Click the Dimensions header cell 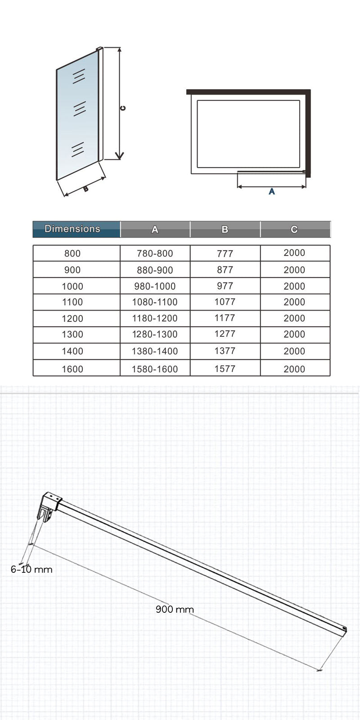click(72, 229)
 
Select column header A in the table click(155, 229)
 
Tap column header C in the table click(294, 229)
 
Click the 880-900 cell click(155, 270)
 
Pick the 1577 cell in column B click(225, 369)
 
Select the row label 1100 click(72, 302)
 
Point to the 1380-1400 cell click(155, 351)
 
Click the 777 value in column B click(225, 254)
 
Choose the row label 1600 click(72, 369)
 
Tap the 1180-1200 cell click(155, 318)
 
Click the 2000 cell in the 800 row click(294, 253)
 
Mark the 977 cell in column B click(225, 286)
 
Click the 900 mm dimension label click(175, 609)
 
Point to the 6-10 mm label click(31, 569)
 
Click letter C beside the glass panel click(123, 108)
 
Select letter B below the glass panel click(86, 189)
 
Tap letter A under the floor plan click(271, 192)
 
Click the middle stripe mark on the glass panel click(80, 109)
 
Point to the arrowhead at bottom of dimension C click(119, 156)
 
